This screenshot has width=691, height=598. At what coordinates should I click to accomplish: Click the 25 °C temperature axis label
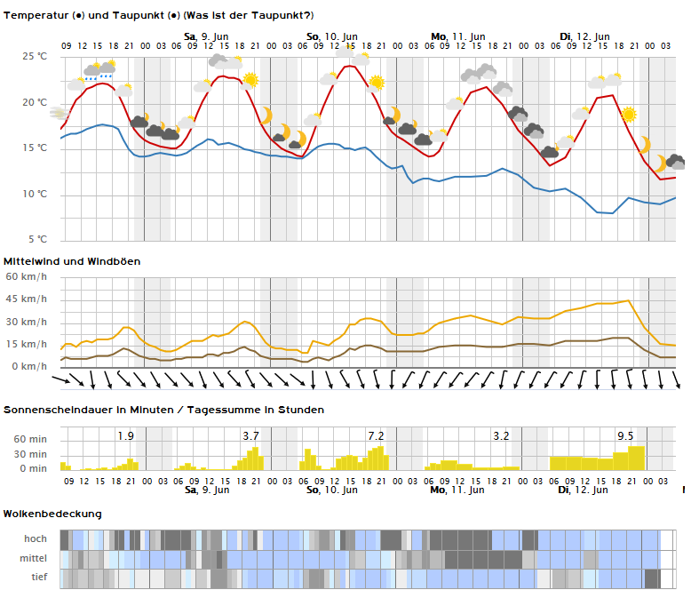pyautogui.click(x=35, y=56)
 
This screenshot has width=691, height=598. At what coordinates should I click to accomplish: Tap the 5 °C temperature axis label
pyautogui.click(x=37, y=239)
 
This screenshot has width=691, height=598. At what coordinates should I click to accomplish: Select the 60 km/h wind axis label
pyautogui.click(x=26, y=276)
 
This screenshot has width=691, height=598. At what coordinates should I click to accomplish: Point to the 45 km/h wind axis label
pyautogui.click(x=26, y=299)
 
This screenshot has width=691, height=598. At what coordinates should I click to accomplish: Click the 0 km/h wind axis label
pyautogui.click(x=29, y=366)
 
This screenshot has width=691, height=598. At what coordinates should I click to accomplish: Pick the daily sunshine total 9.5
pyautogui.click(x=625, y=436)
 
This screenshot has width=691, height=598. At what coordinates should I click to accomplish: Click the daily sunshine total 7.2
pyautogui.click(x=376, y=436)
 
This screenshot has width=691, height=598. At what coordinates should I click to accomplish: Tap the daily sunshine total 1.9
pyautogui.click(x=125, y=436)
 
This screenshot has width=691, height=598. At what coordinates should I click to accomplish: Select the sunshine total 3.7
pyautogui.click(x=250, y=436)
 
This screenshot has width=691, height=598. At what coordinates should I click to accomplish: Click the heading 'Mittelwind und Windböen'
pyautogui.click(x=72, y=261)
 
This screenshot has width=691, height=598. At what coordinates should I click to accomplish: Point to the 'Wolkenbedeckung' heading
pyautogui.click(x=52, y=514)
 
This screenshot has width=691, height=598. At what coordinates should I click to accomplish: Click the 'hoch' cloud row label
pyautogui.click(x=36, y=538)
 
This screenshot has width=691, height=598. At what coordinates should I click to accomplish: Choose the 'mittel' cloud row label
pyautogui.click(x=33, y=558)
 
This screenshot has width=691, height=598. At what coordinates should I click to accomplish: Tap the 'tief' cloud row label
pyautogui.click(x=39, y=577)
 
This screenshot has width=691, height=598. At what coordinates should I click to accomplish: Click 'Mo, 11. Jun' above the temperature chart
pyautogui.click(x=458, y=36)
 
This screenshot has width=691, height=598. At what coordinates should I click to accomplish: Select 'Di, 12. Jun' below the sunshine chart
pyautogui.click(x=583, y=490)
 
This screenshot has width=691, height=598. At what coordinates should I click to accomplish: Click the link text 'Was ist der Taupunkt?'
pyautogui.click(x=248, y=15)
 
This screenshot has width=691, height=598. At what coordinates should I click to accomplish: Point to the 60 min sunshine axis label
pyautogui.click(x=30, y=439)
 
